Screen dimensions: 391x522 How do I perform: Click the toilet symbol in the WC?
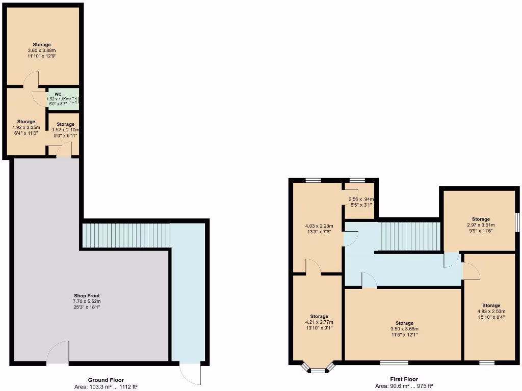(x=76, y=100)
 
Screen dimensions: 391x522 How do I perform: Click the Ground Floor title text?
(x=106, y=380)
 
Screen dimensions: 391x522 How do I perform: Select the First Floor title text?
(x=404, y=379)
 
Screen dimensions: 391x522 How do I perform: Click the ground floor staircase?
(x=126, y=236)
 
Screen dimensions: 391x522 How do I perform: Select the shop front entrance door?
(x=58, y=353)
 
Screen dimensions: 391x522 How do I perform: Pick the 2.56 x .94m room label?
(x=360, y=199)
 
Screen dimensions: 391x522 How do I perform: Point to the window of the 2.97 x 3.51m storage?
(x=517, y=222)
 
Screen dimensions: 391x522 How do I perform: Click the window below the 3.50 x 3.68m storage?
(x=394, y=363)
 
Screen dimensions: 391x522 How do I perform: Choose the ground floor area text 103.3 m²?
(x=106, y=387)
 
